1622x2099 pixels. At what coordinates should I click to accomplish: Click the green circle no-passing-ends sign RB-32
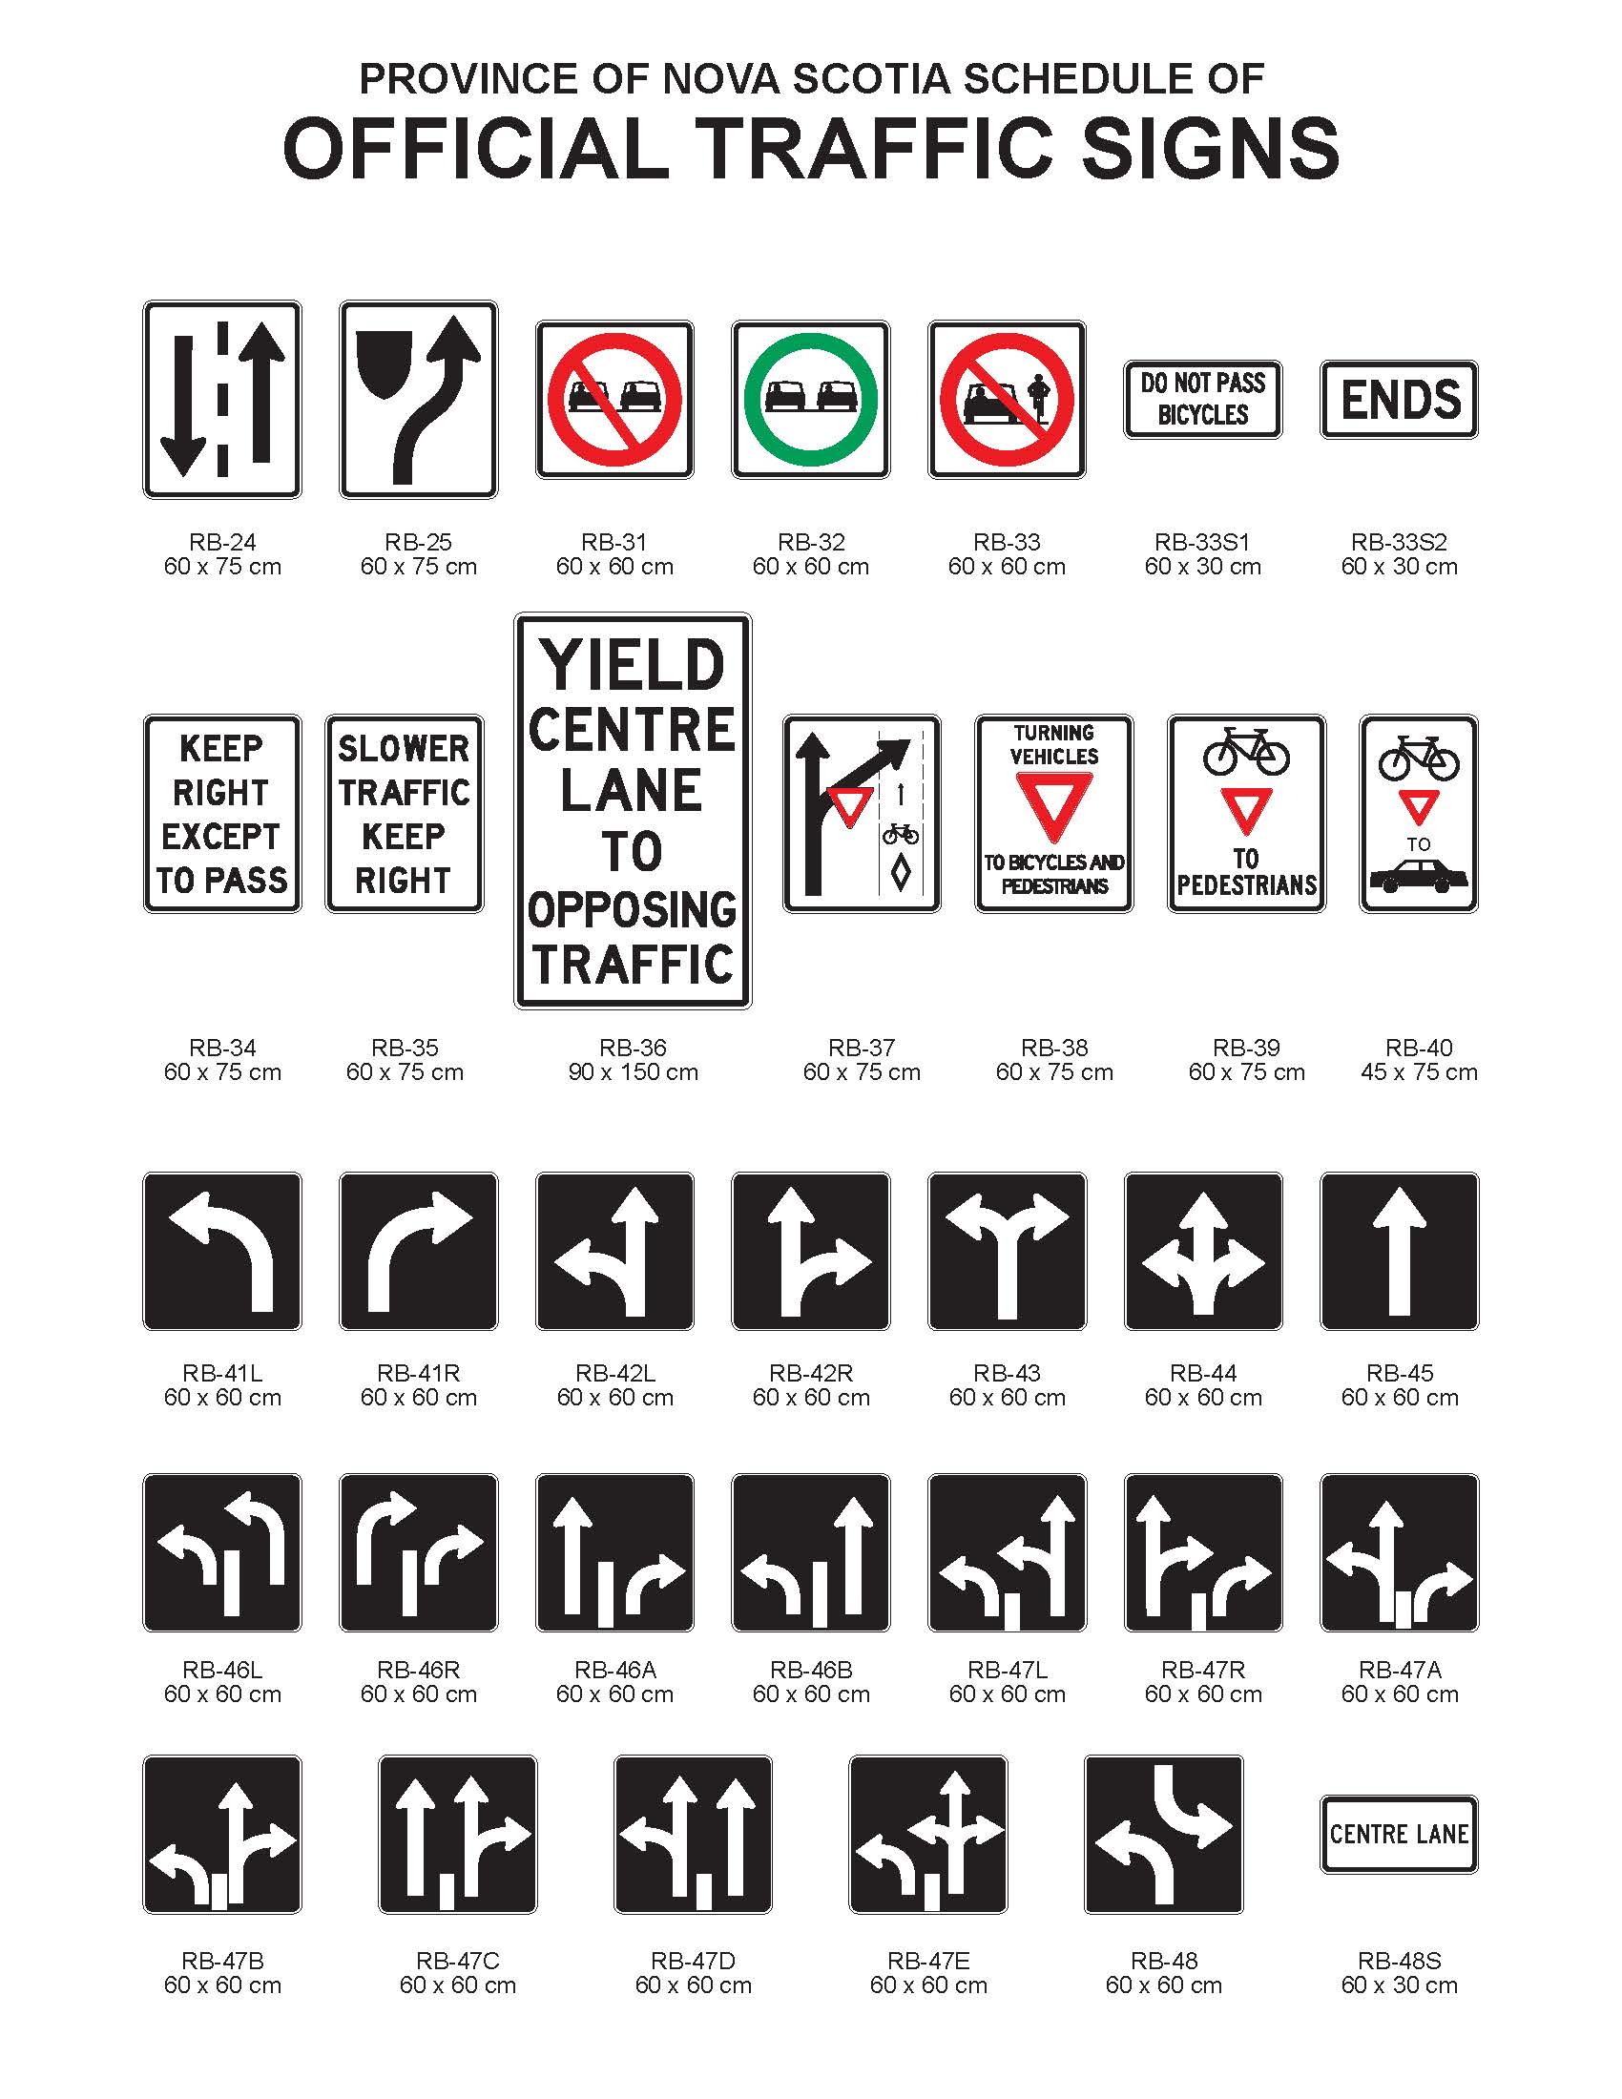click(810, 399)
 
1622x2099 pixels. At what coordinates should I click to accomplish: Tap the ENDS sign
click(1399, 400)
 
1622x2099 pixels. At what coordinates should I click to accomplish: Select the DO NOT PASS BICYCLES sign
click(1202, 400)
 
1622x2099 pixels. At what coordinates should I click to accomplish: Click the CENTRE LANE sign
click(1399, 1834)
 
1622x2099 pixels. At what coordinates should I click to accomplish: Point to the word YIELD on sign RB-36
click(633, 666)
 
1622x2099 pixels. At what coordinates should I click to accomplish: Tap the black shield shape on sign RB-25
click(384, 365)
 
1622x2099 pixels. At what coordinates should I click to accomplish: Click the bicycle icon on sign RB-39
click(1246, 751)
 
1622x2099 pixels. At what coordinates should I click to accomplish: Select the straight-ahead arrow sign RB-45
click(1399, 1252)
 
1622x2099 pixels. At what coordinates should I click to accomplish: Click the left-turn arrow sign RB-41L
click(222, 1252)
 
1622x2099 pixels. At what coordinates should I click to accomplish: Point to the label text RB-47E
click(928, 1961)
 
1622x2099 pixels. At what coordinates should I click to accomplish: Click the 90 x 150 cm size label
click(633, 1072)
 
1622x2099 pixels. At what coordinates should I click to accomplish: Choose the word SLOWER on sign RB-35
click(404, 749)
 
